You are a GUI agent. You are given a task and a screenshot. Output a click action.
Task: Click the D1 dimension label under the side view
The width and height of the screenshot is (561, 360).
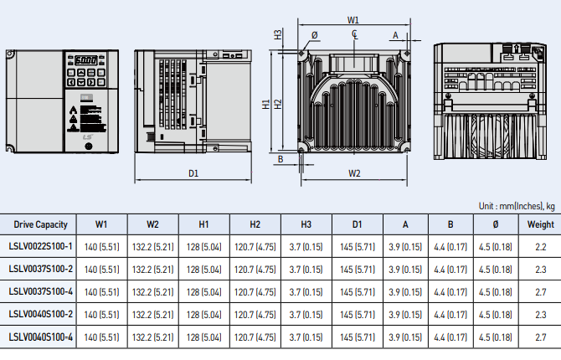[x=193, y=173]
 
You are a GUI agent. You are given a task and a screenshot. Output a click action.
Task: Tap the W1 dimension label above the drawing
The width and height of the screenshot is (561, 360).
[x=353, y=20]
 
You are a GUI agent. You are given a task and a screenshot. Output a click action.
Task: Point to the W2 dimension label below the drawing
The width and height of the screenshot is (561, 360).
[x=354, y=173]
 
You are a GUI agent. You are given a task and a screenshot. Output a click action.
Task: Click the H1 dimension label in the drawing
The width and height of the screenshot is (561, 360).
[x=265, y=104]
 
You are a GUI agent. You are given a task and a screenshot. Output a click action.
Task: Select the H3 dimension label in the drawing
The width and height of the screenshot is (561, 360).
[x=278, y=34]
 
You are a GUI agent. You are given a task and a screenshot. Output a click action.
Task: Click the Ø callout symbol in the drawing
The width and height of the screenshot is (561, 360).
[x=315, y=35]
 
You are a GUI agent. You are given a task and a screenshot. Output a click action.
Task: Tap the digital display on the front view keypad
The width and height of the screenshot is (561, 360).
[x=86, y=59]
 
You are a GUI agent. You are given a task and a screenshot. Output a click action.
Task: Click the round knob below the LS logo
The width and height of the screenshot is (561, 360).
[x=89, y=146]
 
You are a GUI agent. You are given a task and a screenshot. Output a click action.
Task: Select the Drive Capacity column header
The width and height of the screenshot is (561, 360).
[x=40, y=224]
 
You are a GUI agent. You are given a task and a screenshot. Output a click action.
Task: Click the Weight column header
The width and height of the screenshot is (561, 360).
[x=540, y=224]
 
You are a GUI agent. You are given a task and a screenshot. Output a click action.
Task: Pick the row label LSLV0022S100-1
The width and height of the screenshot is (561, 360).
[x=40, y=246]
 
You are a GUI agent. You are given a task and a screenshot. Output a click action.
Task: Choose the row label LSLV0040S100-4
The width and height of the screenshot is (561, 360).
[x=40, y=337]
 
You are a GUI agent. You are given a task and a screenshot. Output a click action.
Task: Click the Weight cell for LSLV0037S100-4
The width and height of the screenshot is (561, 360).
[x=540, y=292]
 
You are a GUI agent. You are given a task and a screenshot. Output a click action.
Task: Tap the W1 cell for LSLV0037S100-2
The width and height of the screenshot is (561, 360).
[x=101, y=270]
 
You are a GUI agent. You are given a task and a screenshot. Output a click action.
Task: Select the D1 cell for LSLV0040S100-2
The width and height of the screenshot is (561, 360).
[x=357, y=315]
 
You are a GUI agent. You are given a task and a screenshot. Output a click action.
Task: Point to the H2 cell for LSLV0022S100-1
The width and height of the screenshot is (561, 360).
[x=255, y=247]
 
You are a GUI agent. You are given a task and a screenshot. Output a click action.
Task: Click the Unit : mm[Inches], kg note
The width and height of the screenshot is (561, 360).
[x=517, y=206]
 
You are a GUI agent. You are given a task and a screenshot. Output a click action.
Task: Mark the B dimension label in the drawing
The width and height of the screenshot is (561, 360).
[x=280, y=159]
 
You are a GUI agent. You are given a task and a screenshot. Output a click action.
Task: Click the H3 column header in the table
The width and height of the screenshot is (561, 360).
[x=306, y=224]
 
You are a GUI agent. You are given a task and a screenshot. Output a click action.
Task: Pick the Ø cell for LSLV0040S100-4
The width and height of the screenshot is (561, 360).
[x=495, y=337]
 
